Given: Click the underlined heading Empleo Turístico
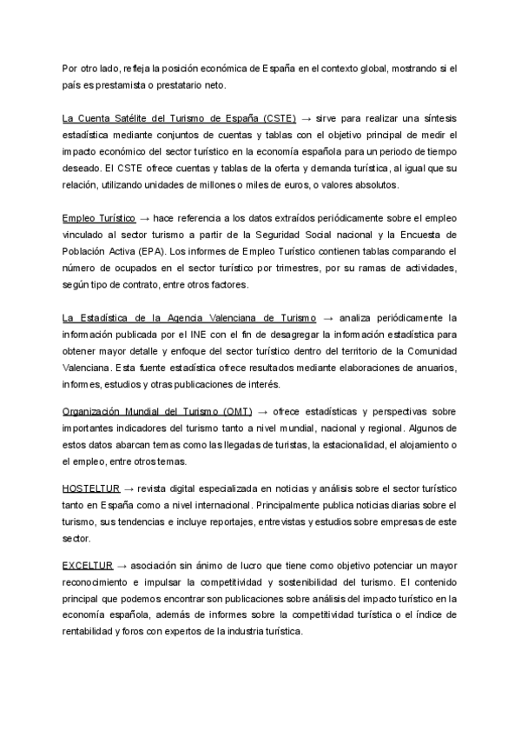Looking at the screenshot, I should pyautogui.click(x=99, y=216).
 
